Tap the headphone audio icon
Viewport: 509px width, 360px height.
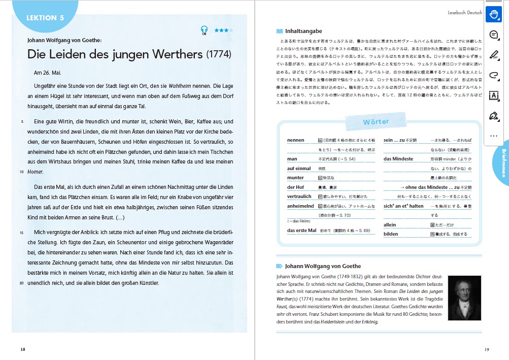204,30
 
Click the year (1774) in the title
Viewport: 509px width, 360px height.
219,54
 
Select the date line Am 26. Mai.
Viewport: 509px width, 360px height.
47,73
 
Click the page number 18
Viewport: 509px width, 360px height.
23,349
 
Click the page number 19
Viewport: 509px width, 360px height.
486,349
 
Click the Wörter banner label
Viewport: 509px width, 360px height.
376,122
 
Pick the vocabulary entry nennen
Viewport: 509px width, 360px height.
295,140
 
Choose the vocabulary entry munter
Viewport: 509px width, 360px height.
295,178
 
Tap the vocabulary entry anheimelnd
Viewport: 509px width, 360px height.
300,206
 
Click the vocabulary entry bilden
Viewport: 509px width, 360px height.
391,234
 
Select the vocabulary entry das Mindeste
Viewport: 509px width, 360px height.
398,159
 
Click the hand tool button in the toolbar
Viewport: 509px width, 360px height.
493,14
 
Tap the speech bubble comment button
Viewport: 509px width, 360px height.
493,35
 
